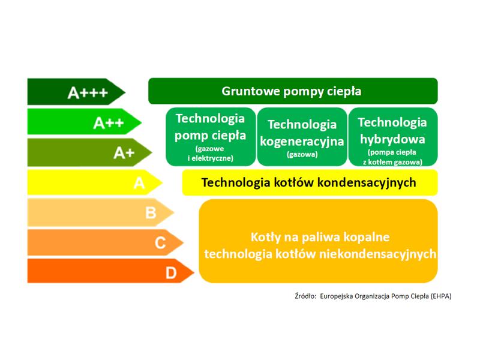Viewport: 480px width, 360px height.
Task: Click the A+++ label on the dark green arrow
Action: click(88, 92)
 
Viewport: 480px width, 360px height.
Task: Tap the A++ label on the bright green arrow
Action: click(109, 123)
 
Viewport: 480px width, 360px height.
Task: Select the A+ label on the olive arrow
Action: click(124, 153)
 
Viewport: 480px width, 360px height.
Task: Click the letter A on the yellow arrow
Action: click(139, 183)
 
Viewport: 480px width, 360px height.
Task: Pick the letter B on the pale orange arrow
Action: click(151, 213)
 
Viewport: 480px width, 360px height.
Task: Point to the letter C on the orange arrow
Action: click(160, 243)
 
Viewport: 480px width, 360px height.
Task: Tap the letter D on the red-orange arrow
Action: click(171, 273)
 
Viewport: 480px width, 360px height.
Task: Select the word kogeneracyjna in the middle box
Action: click(302, 142)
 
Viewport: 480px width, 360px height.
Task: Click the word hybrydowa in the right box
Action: click(392, 139)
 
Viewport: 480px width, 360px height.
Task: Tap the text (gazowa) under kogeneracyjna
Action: click(302, 154)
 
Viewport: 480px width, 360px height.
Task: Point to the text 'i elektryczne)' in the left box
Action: click(211, 158)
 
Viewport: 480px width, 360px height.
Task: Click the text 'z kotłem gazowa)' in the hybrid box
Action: click(392, 162)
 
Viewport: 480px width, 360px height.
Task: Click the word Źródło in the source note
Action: click(305, 296)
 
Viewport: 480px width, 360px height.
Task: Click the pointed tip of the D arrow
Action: click(194, 272)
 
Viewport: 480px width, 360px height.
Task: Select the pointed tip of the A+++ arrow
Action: click(125, 92)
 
